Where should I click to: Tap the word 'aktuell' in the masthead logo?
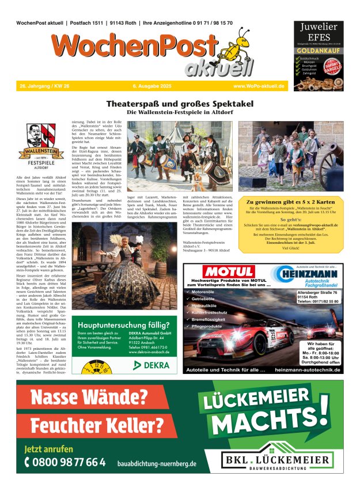[x=219, y=68]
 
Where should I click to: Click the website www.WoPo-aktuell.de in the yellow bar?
[x=259, y=86]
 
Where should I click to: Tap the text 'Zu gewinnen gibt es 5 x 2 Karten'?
[x=290, y=202]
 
